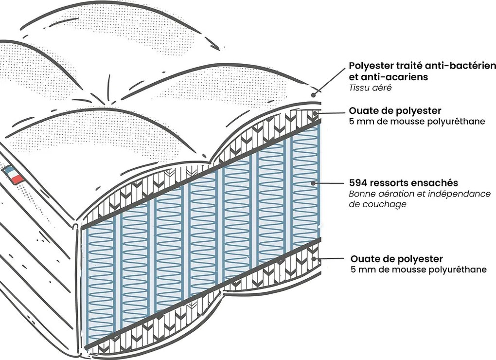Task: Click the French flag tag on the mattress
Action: (x=14, y=175)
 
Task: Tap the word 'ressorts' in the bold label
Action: (x=393, y=183)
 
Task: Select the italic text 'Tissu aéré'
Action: (x=370, y=88)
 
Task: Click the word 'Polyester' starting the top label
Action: (x=372, y=66)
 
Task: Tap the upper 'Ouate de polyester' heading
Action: (x=395, y=111)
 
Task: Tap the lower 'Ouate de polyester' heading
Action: (x=396, y=259)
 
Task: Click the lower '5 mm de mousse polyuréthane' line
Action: (x=418, y=270)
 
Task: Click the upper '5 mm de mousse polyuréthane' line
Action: (x=417, y=122)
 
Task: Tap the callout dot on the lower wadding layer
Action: (x=316, y=259)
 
